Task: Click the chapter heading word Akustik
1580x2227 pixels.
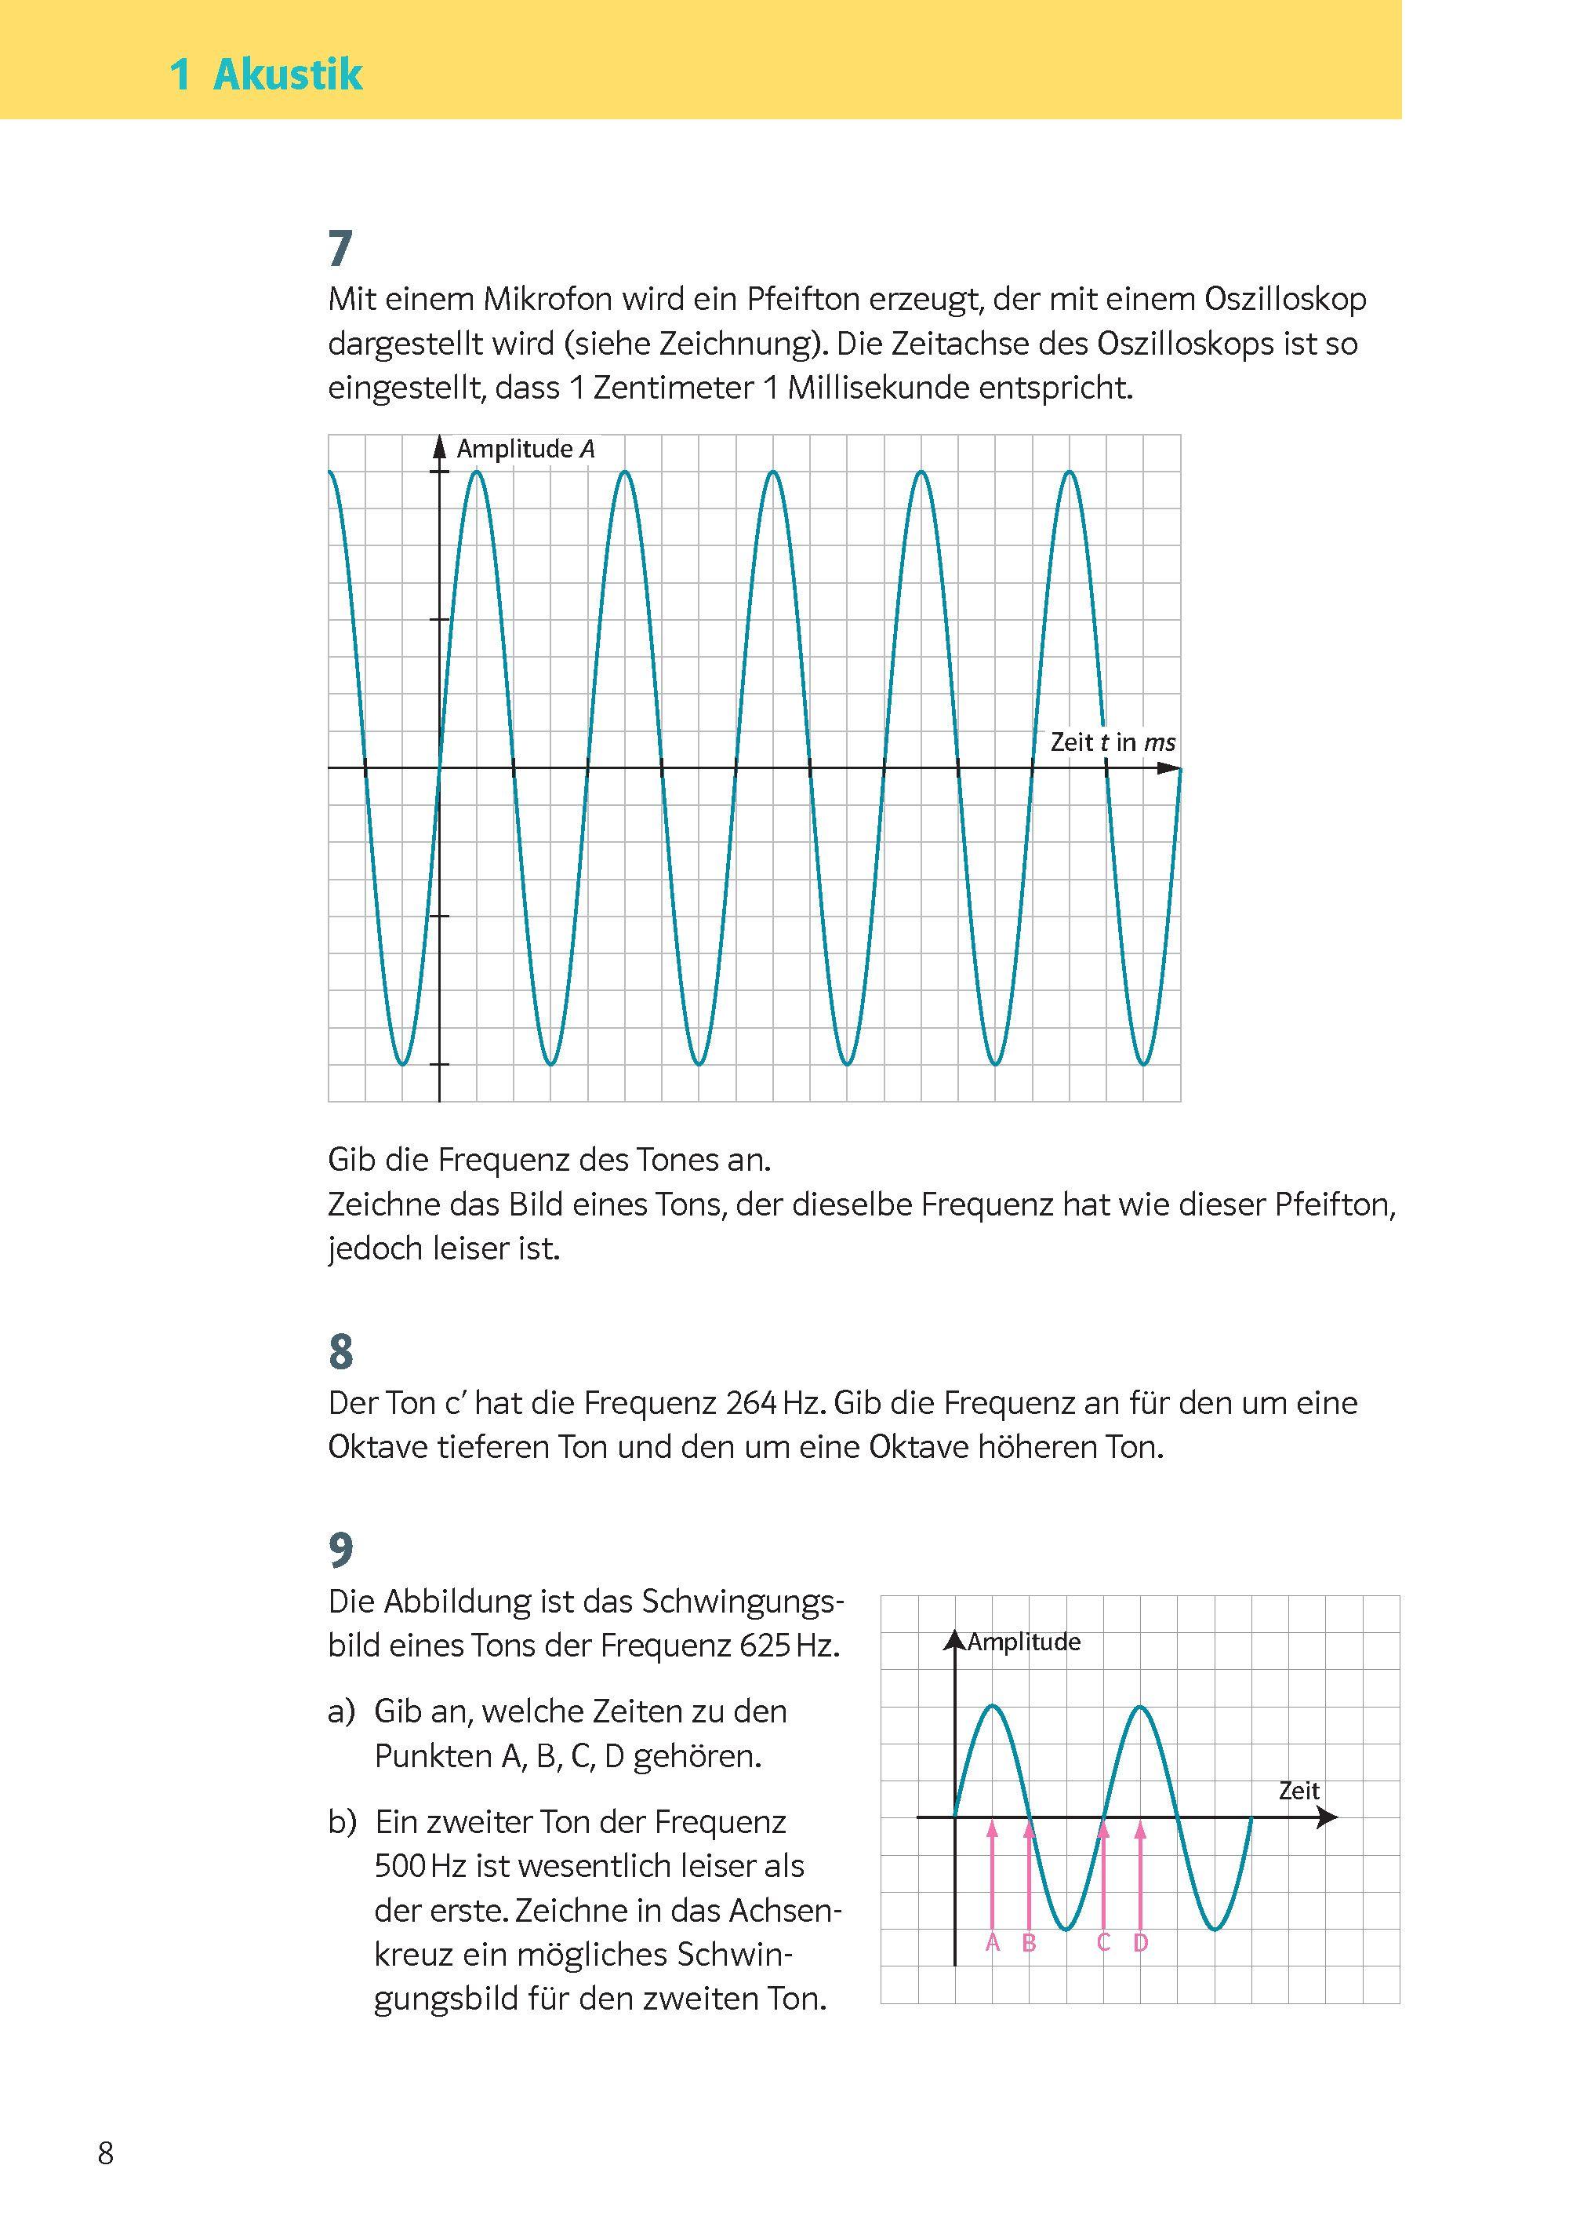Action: (287, 75)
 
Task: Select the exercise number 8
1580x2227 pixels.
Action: (340, 1352)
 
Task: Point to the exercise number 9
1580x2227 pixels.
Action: (340, 1551)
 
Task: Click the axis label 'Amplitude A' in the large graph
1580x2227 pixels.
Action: (525, 449)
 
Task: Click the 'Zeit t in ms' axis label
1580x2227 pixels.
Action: (1112, 742)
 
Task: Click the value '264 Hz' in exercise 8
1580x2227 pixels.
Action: (776, 1404)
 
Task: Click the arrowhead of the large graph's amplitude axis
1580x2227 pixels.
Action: (440, 445)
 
